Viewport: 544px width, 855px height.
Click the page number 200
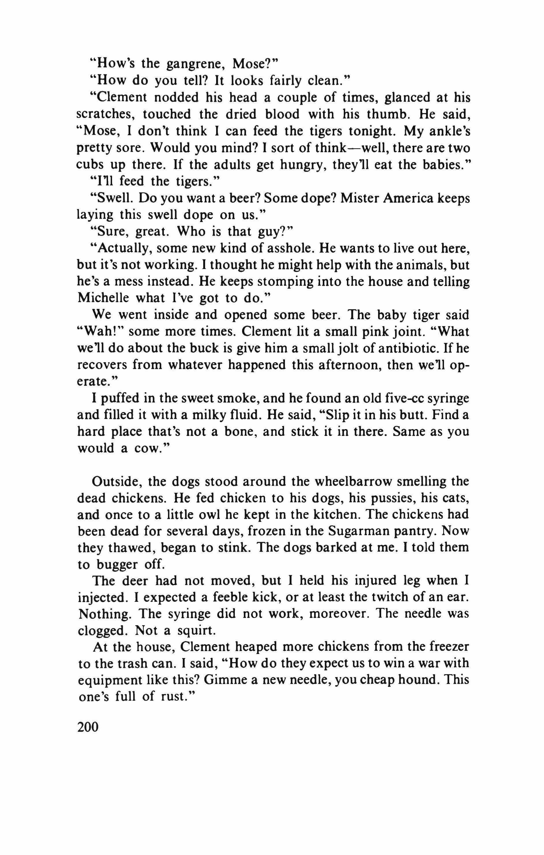(88, 727)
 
